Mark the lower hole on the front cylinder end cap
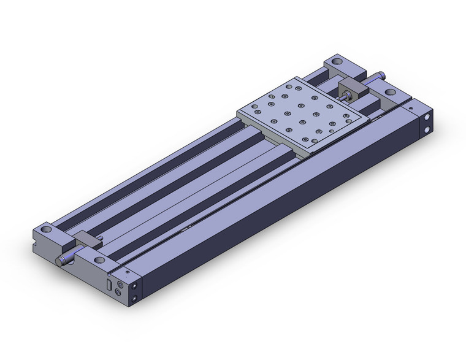(x=135, y=300)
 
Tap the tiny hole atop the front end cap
(x=127, y=270)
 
